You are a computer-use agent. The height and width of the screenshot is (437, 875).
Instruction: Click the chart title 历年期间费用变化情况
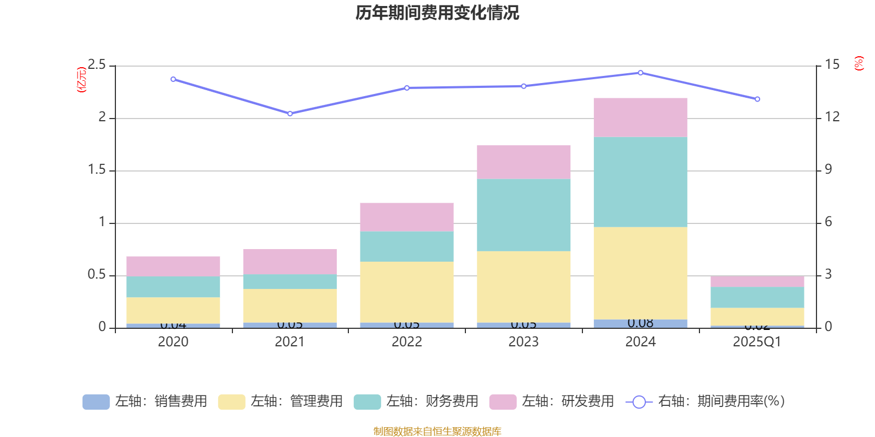point(437,13)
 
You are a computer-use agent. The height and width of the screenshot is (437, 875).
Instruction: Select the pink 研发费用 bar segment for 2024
point(640,117)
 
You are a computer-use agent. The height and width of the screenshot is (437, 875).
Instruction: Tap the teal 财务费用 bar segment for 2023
point(523,215)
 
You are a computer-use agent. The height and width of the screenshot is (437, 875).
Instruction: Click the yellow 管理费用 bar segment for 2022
point(406,292)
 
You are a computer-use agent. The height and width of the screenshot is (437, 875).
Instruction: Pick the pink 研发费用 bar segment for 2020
point(173,266)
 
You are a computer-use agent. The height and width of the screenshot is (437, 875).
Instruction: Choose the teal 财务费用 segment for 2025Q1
point(757,297)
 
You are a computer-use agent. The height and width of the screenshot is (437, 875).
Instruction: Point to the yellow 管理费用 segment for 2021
point(289,305)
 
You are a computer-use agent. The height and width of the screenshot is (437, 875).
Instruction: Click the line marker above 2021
point(290,114)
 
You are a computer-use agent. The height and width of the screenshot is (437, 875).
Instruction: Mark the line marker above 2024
point(640,73)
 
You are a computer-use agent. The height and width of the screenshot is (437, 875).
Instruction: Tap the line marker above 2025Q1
point(757,99)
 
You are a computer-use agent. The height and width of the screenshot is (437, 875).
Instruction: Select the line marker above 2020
point(173,79)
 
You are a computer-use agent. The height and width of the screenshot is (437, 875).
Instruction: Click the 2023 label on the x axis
point(523,342)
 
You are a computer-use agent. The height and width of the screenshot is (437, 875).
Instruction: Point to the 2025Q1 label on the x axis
point(757,342)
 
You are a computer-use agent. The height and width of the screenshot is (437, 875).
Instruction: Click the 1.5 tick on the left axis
point(97,170)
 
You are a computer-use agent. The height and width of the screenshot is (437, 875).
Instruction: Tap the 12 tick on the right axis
point(832,117)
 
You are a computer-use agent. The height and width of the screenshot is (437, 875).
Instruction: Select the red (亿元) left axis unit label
point(82,80)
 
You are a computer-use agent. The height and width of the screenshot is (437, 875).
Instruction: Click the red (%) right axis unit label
point(859,63)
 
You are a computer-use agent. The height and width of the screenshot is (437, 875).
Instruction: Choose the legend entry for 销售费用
point(145,401)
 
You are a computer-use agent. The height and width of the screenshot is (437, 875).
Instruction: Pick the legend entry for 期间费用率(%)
point(708,401)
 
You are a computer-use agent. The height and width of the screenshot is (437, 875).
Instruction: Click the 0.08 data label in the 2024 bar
point(640,323)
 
